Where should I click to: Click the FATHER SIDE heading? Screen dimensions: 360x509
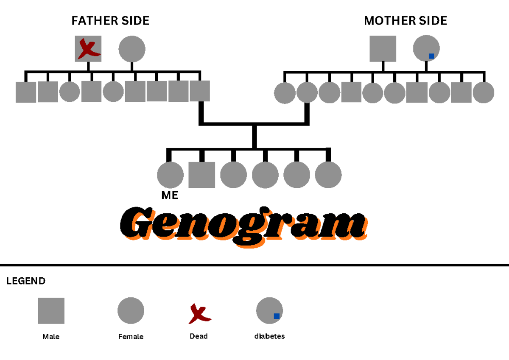(x=110, y=21)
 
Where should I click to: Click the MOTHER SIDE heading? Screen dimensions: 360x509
(x=406, y=21)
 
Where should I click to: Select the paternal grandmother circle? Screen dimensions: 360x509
(x=132, y=49)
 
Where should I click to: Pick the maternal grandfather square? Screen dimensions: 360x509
(x=383, y=49)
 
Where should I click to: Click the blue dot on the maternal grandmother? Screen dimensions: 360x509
(x=431, y=56)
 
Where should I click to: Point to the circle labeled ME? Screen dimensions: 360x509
(x=170, y=175)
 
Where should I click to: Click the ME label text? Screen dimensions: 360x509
(x=170, y=195)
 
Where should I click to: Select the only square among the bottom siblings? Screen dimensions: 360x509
(x=201, y=175)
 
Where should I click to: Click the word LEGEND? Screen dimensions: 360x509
(x=26, y=281)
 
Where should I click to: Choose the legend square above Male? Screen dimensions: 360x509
(x=51, y=311)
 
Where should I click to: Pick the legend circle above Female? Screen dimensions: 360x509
(x=131, y=310)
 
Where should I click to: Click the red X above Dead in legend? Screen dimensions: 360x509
(x=199, y=313)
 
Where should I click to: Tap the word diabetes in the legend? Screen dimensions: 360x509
(x=269, y=336)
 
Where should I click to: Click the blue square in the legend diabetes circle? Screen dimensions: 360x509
(x=277, y=316)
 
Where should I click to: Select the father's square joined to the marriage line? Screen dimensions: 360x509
(x=200, y=92)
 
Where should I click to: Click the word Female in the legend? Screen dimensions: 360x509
(x=131, y=337)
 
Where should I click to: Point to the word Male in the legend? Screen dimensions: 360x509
(x=51, y=337)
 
